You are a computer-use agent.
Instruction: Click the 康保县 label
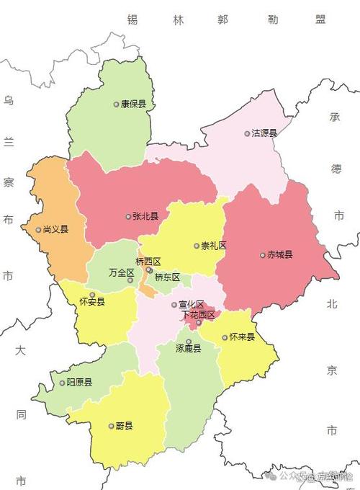point(133,104)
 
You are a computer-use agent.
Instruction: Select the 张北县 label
point(145,215)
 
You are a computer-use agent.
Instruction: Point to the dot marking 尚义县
point(39,230)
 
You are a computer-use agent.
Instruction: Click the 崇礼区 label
point(214,246)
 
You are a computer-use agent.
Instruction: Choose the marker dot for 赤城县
point(262,254)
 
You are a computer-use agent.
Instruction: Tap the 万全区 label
point(121,273)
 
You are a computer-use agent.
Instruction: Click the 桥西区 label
point(148,261)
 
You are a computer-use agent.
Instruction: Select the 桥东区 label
point(167,277)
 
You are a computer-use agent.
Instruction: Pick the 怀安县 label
point(92,302)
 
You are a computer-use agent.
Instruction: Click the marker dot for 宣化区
point(174,305)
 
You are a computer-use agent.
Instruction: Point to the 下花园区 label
point(198,315)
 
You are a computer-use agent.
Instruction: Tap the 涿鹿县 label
point(188,348)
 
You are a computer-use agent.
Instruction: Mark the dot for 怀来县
point(225,337)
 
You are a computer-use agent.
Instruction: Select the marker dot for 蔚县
point(109,426)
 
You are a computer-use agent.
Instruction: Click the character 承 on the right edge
point(335,117)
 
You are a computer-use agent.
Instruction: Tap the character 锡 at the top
point(132,20)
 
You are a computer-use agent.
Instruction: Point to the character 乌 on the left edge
point(9,102)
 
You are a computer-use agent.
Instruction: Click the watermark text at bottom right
point(317,476)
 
